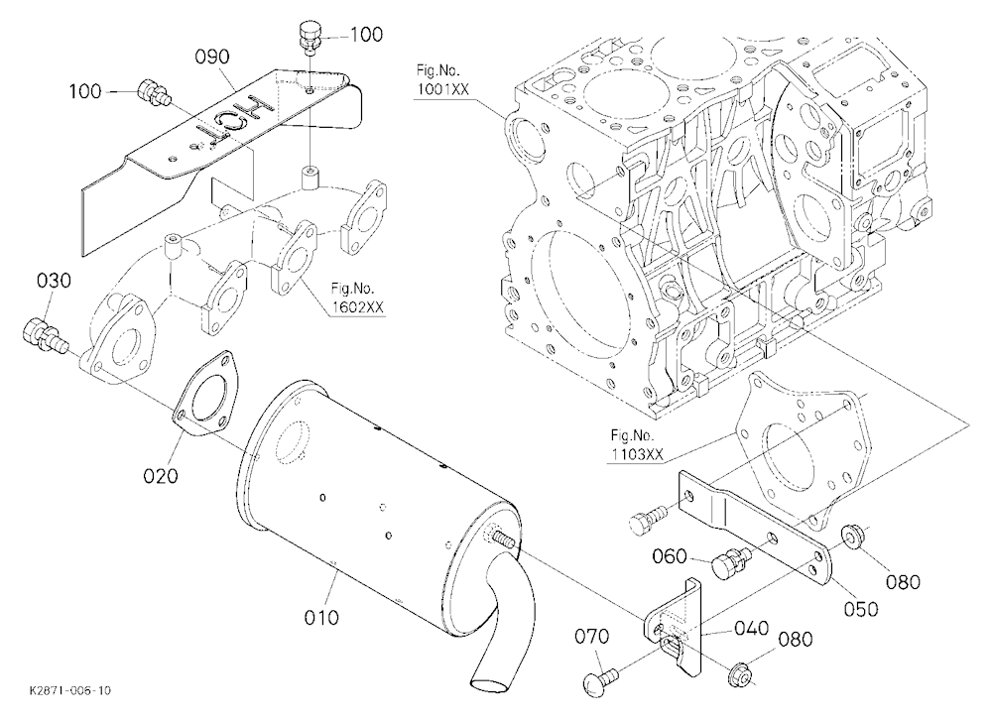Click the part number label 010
pos(321,616)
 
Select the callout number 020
pos(160,476)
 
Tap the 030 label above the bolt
pos(54,281)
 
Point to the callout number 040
pos(752,628)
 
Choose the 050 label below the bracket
pos(861,609)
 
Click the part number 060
pos(670,556)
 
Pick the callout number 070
pos(591,636)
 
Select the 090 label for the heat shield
pos(212,57)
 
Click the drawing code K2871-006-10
pos(69,690)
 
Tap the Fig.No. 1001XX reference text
pos(442,79)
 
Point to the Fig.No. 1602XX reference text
pos(357,298)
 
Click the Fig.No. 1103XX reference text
pos(637,444)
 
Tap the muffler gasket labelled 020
pos(203,396)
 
